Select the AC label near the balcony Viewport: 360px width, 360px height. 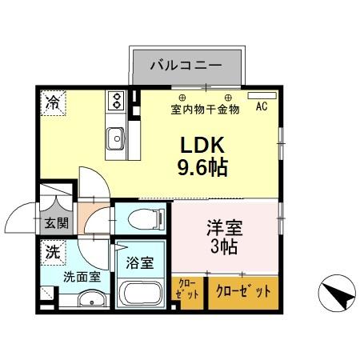coord(262,106)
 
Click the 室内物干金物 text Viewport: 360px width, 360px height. coord(205,110)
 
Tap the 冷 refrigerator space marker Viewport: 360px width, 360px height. coord(51,102)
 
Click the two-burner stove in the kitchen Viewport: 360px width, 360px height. coord(117,100)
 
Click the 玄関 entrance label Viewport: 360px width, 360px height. coord(55,223)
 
